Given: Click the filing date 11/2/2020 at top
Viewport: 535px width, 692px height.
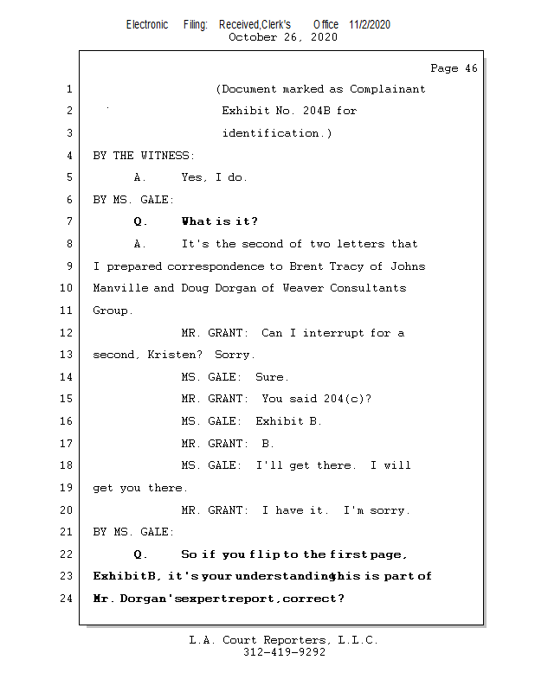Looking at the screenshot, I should (370, 24).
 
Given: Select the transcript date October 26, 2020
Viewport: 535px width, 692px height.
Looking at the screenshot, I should (283, 37).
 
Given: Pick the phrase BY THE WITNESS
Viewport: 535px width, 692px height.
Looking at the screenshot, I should (143, 156).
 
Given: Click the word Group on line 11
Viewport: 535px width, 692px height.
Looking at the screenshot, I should (111, 311).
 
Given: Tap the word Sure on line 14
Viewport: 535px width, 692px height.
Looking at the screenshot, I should (271, 377).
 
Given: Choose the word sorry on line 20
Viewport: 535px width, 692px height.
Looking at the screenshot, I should (389, 510).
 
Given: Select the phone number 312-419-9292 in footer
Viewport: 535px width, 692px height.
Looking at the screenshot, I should (284, 652).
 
